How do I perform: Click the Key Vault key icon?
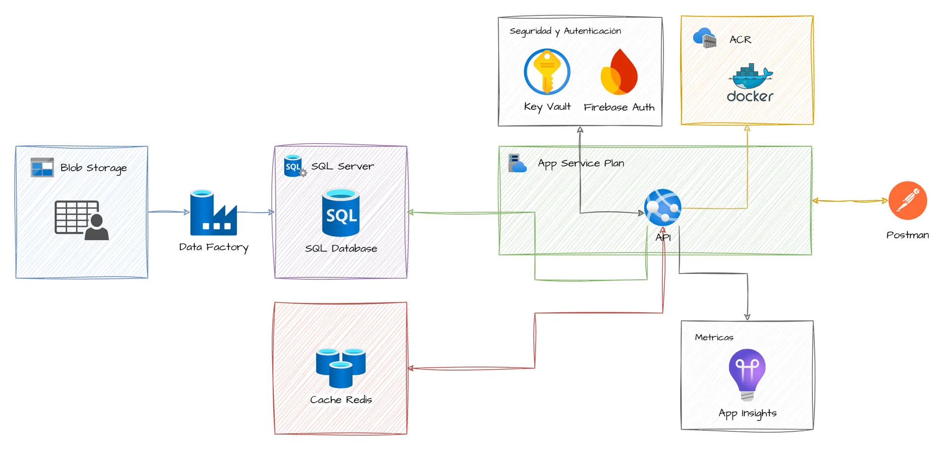[x=547, y=72]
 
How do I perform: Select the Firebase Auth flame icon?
[x=619, y=72]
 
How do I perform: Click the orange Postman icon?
[x=908, y=200]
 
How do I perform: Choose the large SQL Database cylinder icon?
[x=341, y=213]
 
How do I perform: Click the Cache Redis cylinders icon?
[x=341, y=368]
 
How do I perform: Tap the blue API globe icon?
[x=662, y=207]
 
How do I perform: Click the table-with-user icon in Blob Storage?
[x=81, y=220]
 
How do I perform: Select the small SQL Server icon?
[x=295, y=166]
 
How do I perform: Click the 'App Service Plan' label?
[x=581, y=163]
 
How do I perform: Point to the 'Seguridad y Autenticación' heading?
[x=565, y=31]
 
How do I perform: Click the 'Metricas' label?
[x=714, y=337]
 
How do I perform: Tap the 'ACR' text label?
[x=740, y=40]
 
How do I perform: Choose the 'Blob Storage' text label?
[x=93, y=168]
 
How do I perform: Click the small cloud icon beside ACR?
[x=704, y=38]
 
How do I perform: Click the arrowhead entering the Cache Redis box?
[x=410, y=368]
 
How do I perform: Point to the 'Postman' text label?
[x=908, y=235]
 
